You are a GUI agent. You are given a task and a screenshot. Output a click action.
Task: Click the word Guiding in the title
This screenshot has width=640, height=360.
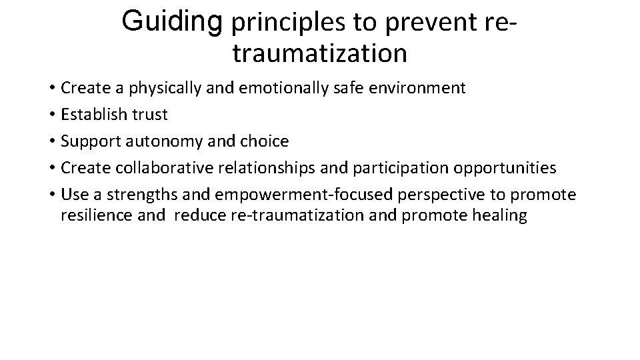[172, 22]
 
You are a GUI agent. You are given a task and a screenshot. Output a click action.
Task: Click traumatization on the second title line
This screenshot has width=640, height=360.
[319, 53]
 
